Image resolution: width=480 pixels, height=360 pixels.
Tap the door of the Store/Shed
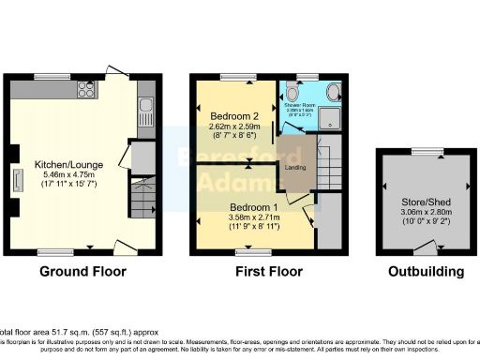[427, 247]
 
